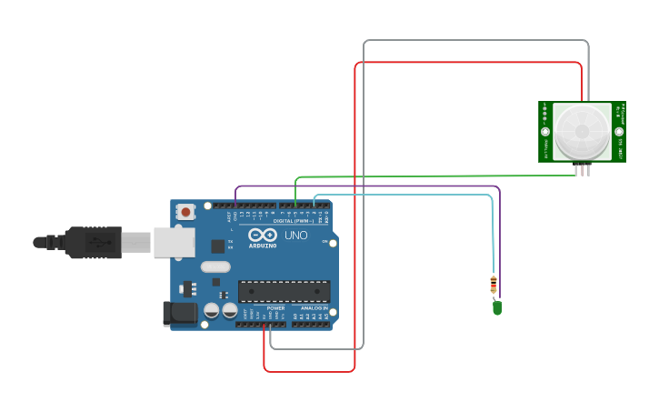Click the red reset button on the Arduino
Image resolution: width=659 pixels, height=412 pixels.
[186, 212]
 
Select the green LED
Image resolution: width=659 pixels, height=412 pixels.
[497, 307]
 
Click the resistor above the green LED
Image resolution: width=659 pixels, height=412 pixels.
[494, 285]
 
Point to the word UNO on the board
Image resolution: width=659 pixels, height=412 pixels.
[296, 236]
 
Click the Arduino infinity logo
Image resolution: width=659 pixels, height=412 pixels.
[262, 235]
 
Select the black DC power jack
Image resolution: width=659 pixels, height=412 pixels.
[179, 314]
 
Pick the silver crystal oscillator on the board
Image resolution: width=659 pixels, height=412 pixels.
[216, 267]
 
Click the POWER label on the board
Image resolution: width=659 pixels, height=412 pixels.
[276, 308]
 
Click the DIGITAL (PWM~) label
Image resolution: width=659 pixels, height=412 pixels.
[293, 221]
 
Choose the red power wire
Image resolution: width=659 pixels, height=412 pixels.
[354, 227]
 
